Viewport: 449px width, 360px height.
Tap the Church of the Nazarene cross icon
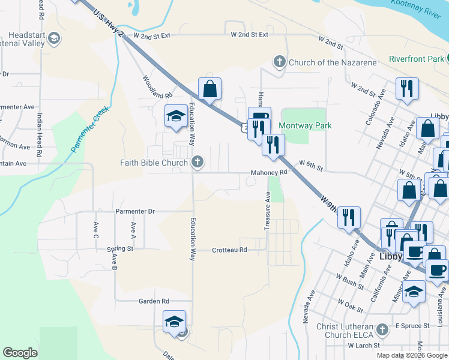point(279,62)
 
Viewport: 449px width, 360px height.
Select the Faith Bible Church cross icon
point(197,162)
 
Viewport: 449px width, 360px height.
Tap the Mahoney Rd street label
point(270,173)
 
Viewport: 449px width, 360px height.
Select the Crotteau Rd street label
point(230,250)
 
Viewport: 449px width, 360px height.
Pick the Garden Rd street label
point(154,301)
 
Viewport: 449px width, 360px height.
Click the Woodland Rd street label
point(157,87)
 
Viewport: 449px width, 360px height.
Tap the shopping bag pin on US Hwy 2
point(210,89)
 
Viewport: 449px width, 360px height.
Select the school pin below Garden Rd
point(174,322)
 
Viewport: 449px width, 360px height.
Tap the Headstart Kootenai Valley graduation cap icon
point(54,39)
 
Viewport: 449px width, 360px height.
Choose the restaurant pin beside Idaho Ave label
point(348,218)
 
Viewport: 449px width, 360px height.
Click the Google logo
point(20,353)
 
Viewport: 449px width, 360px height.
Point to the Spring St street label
point(120,248)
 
